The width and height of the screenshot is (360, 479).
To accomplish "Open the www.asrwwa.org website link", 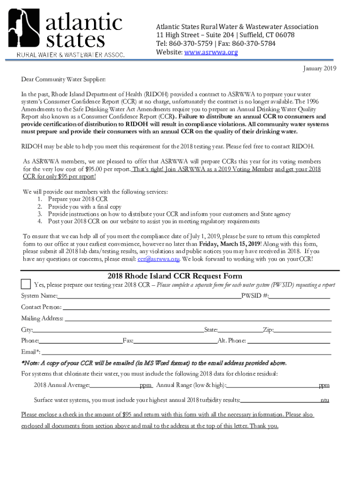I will point(211,52).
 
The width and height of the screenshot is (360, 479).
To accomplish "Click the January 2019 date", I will point(319,69).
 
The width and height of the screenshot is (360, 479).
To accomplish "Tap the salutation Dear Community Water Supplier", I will point(63,80).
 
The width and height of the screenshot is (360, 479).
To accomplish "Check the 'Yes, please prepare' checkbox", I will point(26,284).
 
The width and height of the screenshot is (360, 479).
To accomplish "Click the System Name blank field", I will point(149,296).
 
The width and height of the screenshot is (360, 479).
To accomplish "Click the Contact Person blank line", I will point(196,307).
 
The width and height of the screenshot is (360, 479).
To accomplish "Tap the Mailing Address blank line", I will point(197,319).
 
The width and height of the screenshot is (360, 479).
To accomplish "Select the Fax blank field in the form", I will point(175,341).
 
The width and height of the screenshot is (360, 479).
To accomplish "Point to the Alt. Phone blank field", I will point(288,341).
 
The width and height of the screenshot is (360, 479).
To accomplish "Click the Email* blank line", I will point(187,352).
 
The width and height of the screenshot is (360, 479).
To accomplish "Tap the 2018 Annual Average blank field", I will point(115,385).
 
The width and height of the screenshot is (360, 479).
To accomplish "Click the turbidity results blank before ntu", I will point(280,400).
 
